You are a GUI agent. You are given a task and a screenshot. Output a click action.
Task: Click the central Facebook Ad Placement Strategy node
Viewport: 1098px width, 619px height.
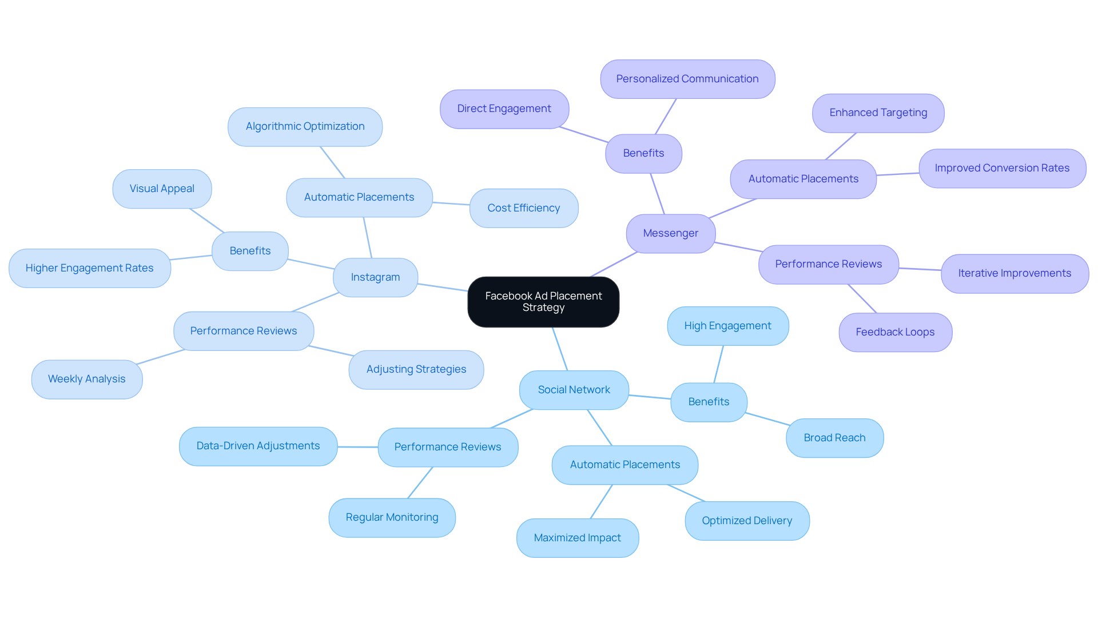click(x=543, y=302)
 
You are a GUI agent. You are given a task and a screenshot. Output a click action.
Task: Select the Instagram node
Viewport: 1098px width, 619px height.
click(x=375, y=277)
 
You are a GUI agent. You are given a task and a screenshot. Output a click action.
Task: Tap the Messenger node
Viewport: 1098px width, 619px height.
click(x=670, y=233)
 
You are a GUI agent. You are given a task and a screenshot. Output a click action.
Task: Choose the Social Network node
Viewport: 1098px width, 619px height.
click(x=574, y=390)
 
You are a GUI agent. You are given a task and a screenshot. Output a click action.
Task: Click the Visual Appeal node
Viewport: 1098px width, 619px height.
click(x=162, y=189)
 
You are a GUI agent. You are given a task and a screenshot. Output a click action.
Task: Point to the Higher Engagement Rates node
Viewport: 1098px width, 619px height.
click(x=90, y=268)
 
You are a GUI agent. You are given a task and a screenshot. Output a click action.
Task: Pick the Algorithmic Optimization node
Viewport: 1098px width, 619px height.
click(x=305, y=126)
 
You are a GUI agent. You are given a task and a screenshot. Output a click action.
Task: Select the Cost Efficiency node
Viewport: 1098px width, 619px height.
click(x=523, y=208)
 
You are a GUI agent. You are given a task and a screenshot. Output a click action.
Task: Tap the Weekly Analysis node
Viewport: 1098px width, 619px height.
click(x=87, y=379)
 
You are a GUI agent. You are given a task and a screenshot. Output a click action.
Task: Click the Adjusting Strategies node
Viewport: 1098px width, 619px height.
click(x=416, y=369)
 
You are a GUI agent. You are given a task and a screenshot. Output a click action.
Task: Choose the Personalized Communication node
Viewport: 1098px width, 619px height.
click(x=687, y=79)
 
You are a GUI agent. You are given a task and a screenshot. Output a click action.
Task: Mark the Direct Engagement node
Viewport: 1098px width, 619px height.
click(x=504, y=109)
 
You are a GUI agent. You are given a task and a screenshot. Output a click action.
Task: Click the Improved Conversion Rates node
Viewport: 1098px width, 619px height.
click(x=1002, y=168)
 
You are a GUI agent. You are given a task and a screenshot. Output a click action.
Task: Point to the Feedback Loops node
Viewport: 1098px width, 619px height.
click(x=895, y=332)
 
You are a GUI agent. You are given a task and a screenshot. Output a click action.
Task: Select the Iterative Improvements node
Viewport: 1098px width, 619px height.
click(x=1015, y=273)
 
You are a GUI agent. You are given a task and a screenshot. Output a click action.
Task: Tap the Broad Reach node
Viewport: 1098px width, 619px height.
click(x=834, y=438)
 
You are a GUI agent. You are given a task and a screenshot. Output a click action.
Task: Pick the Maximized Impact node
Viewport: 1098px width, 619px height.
click(x=577, y=538)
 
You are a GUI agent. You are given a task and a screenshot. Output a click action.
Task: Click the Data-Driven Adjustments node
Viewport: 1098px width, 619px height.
click(x=258, y=446)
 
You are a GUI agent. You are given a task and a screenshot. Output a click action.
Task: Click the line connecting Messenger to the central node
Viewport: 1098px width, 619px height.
click(x=614, y=264)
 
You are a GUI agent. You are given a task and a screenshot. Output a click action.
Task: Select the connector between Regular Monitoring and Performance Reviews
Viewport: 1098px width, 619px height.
click(x=420, y=482)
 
